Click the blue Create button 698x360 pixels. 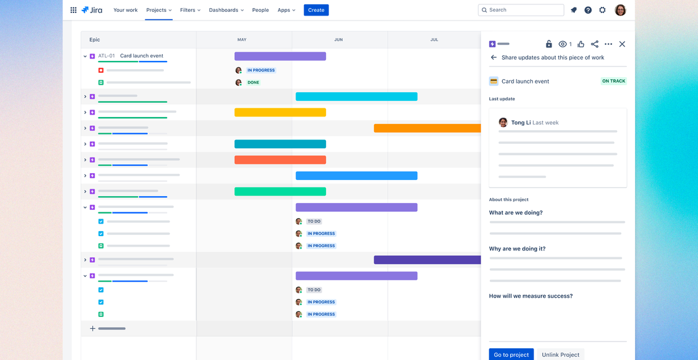316,10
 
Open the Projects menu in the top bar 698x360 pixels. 158,10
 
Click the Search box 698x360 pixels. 520,10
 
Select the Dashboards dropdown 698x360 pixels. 226,10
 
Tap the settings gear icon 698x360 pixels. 602,10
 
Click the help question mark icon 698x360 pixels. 588,10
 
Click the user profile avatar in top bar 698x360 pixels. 620,10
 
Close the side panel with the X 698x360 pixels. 622,44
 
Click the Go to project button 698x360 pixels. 511,354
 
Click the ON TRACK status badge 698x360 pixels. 613,81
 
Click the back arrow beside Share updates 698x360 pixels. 494,57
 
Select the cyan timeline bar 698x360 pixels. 356,97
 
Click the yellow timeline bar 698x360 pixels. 280,113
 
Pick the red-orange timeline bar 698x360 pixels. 280,160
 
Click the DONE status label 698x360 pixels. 253,82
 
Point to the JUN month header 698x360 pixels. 338,40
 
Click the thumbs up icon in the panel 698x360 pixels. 581,44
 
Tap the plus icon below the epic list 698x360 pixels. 93,328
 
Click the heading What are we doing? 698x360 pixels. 515,212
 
